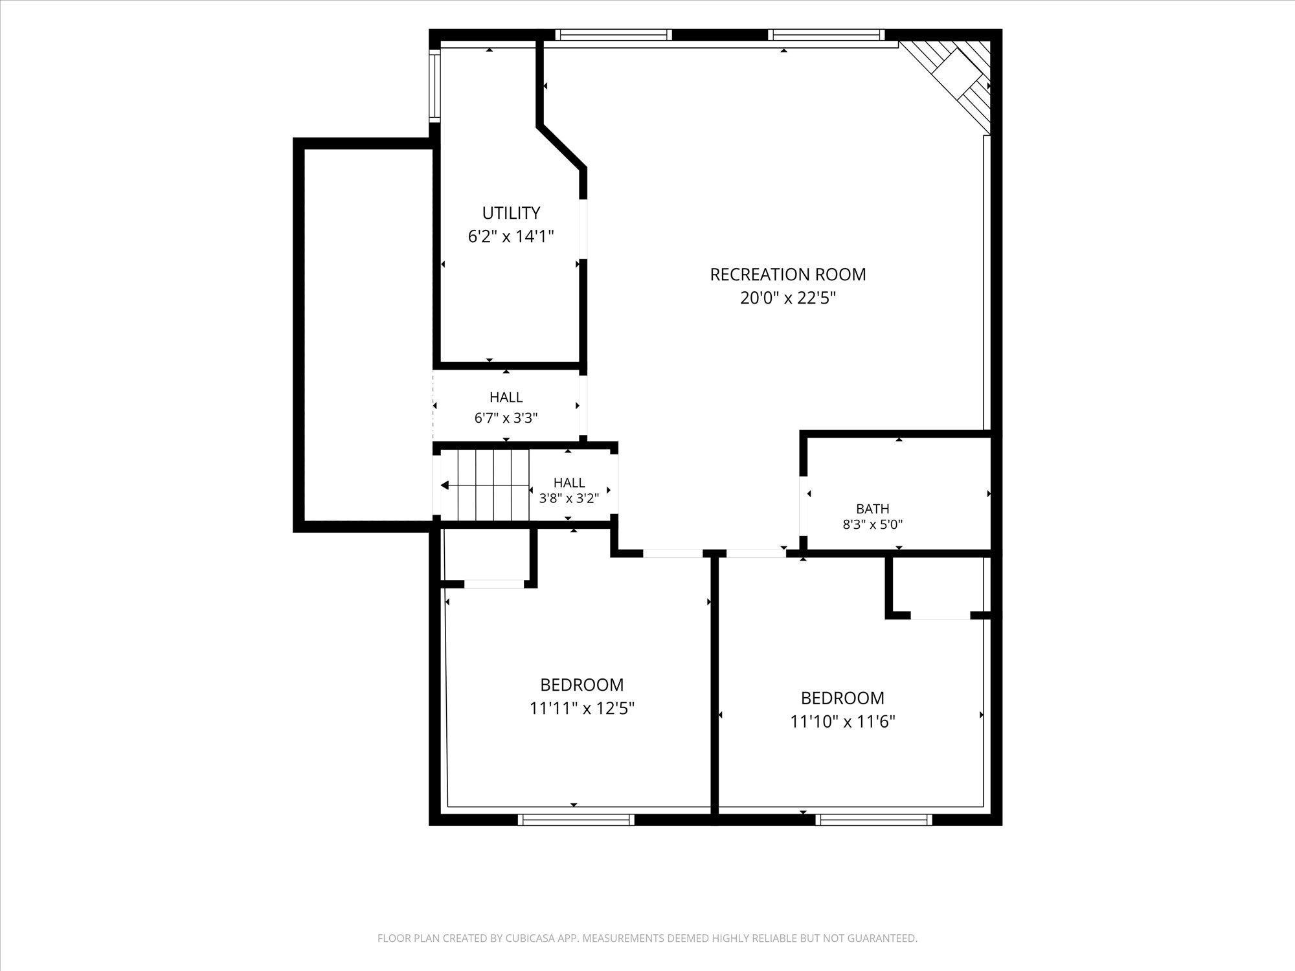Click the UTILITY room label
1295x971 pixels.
[x=511, y=213]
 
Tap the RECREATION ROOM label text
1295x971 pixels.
[x=788, y=274]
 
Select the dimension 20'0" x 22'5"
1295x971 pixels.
[x=788, y=298]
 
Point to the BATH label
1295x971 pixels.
[x=872, y=509]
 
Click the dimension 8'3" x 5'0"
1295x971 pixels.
[x=872, y=525]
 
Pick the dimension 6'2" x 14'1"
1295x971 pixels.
[x=511, y=236]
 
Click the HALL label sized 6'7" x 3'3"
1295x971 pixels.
[x=506, y=397]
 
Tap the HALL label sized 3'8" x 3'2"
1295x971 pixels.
[x=569, y=483]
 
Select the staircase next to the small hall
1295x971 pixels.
[x=484, y=485]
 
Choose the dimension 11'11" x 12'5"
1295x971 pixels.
[x=581, y=708]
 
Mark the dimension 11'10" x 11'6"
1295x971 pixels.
[x=842, y=721]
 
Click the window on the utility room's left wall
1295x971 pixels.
[x=435, y=86]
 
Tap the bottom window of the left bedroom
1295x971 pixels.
[x=576, y=820]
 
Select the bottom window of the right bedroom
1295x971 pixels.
[x=873, y=820]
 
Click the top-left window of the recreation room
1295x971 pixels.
[x=613, y=35]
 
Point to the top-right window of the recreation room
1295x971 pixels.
[x=826, y=35]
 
